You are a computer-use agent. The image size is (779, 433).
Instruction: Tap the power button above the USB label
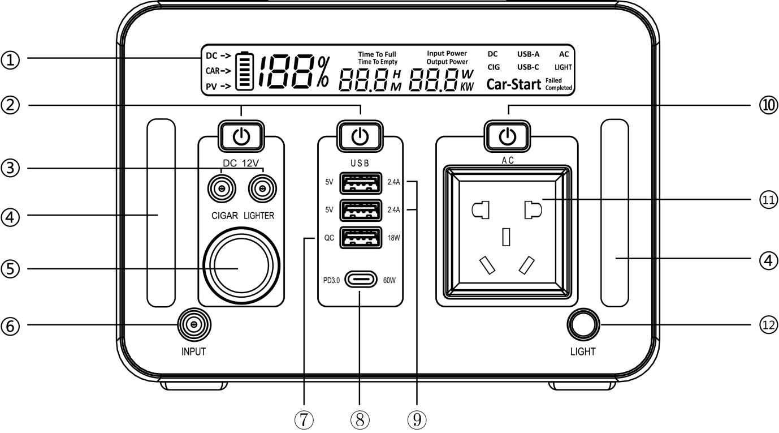point(360,136)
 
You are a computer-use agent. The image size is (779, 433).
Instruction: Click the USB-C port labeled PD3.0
point(360,280)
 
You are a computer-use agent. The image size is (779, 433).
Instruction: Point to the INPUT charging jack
point(194,324)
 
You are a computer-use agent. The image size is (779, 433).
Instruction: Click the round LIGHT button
point(582,324)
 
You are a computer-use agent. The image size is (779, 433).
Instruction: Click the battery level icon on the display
point(244,71)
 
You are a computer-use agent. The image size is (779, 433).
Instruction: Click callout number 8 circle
point(360,419)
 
